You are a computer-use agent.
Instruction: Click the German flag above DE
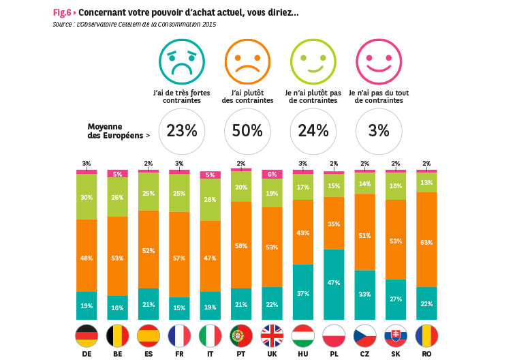point(87,335)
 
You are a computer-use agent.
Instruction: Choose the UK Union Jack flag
point(272,335)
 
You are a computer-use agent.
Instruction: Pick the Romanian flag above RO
point(426,335)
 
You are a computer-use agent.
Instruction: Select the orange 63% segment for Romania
point(426,239)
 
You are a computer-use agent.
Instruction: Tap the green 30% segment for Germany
point(87,197)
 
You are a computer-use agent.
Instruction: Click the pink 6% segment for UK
point(272,175)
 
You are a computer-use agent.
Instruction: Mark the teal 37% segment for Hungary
point(303,292)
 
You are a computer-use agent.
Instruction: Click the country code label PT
point(241,355)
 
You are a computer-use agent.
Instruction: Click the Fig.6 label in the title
point(61,13)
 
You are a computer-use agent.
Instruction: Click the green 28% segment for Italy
point(210,200)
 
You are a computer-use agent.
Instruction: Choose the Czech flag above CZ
point(364,335)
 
